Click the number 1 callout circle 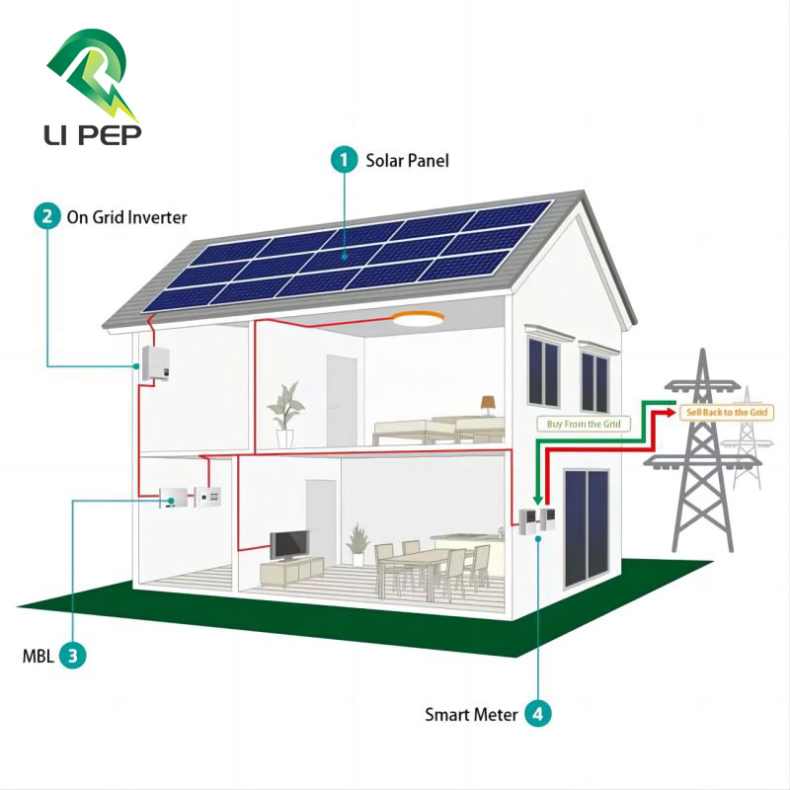coord(344,159)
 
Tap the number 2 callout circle coord(46,216)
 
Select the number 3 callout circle coord(72,655)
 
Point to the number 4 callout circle coord(537,713)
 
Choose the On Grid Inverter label coord(126,217)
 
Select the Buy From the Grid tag coord(584,424)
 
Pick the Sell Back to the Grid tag coord(727,411)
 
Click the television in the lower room coord(290,545)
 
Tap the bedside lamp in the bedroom coord(488,405)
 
